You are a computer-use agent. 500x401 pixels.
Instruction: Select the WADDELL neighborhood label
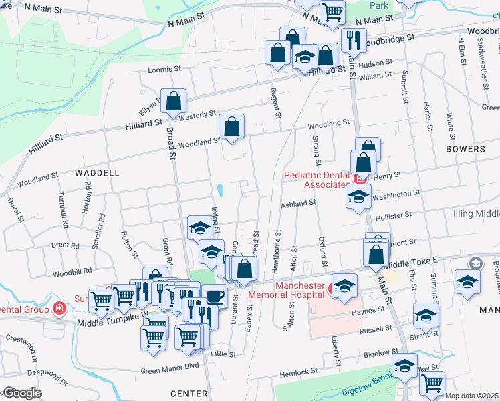pos(97,172)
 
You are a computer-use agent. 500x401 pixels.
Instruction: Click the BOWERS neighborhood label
pos(465,149)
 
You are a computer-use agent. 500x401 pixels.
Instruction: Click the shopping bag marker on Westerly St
pos(174,102)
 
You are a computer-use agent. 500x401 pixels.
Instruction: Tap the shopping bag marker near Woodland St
pos(231,126)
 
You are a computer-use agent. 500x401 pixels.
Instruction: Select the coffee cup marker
pos(214,296)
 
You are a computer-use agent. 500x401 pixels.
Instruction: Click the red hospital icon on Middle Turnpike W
pos(59,309)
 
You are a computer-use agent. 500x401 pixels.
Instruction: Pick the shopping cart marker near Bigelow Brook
pos(432,383)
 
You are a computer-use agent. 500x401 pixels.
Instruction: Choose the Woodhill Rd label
pos(72,272)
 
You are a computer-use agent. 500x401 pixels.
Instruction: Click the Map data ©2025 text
pos(471,396)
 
